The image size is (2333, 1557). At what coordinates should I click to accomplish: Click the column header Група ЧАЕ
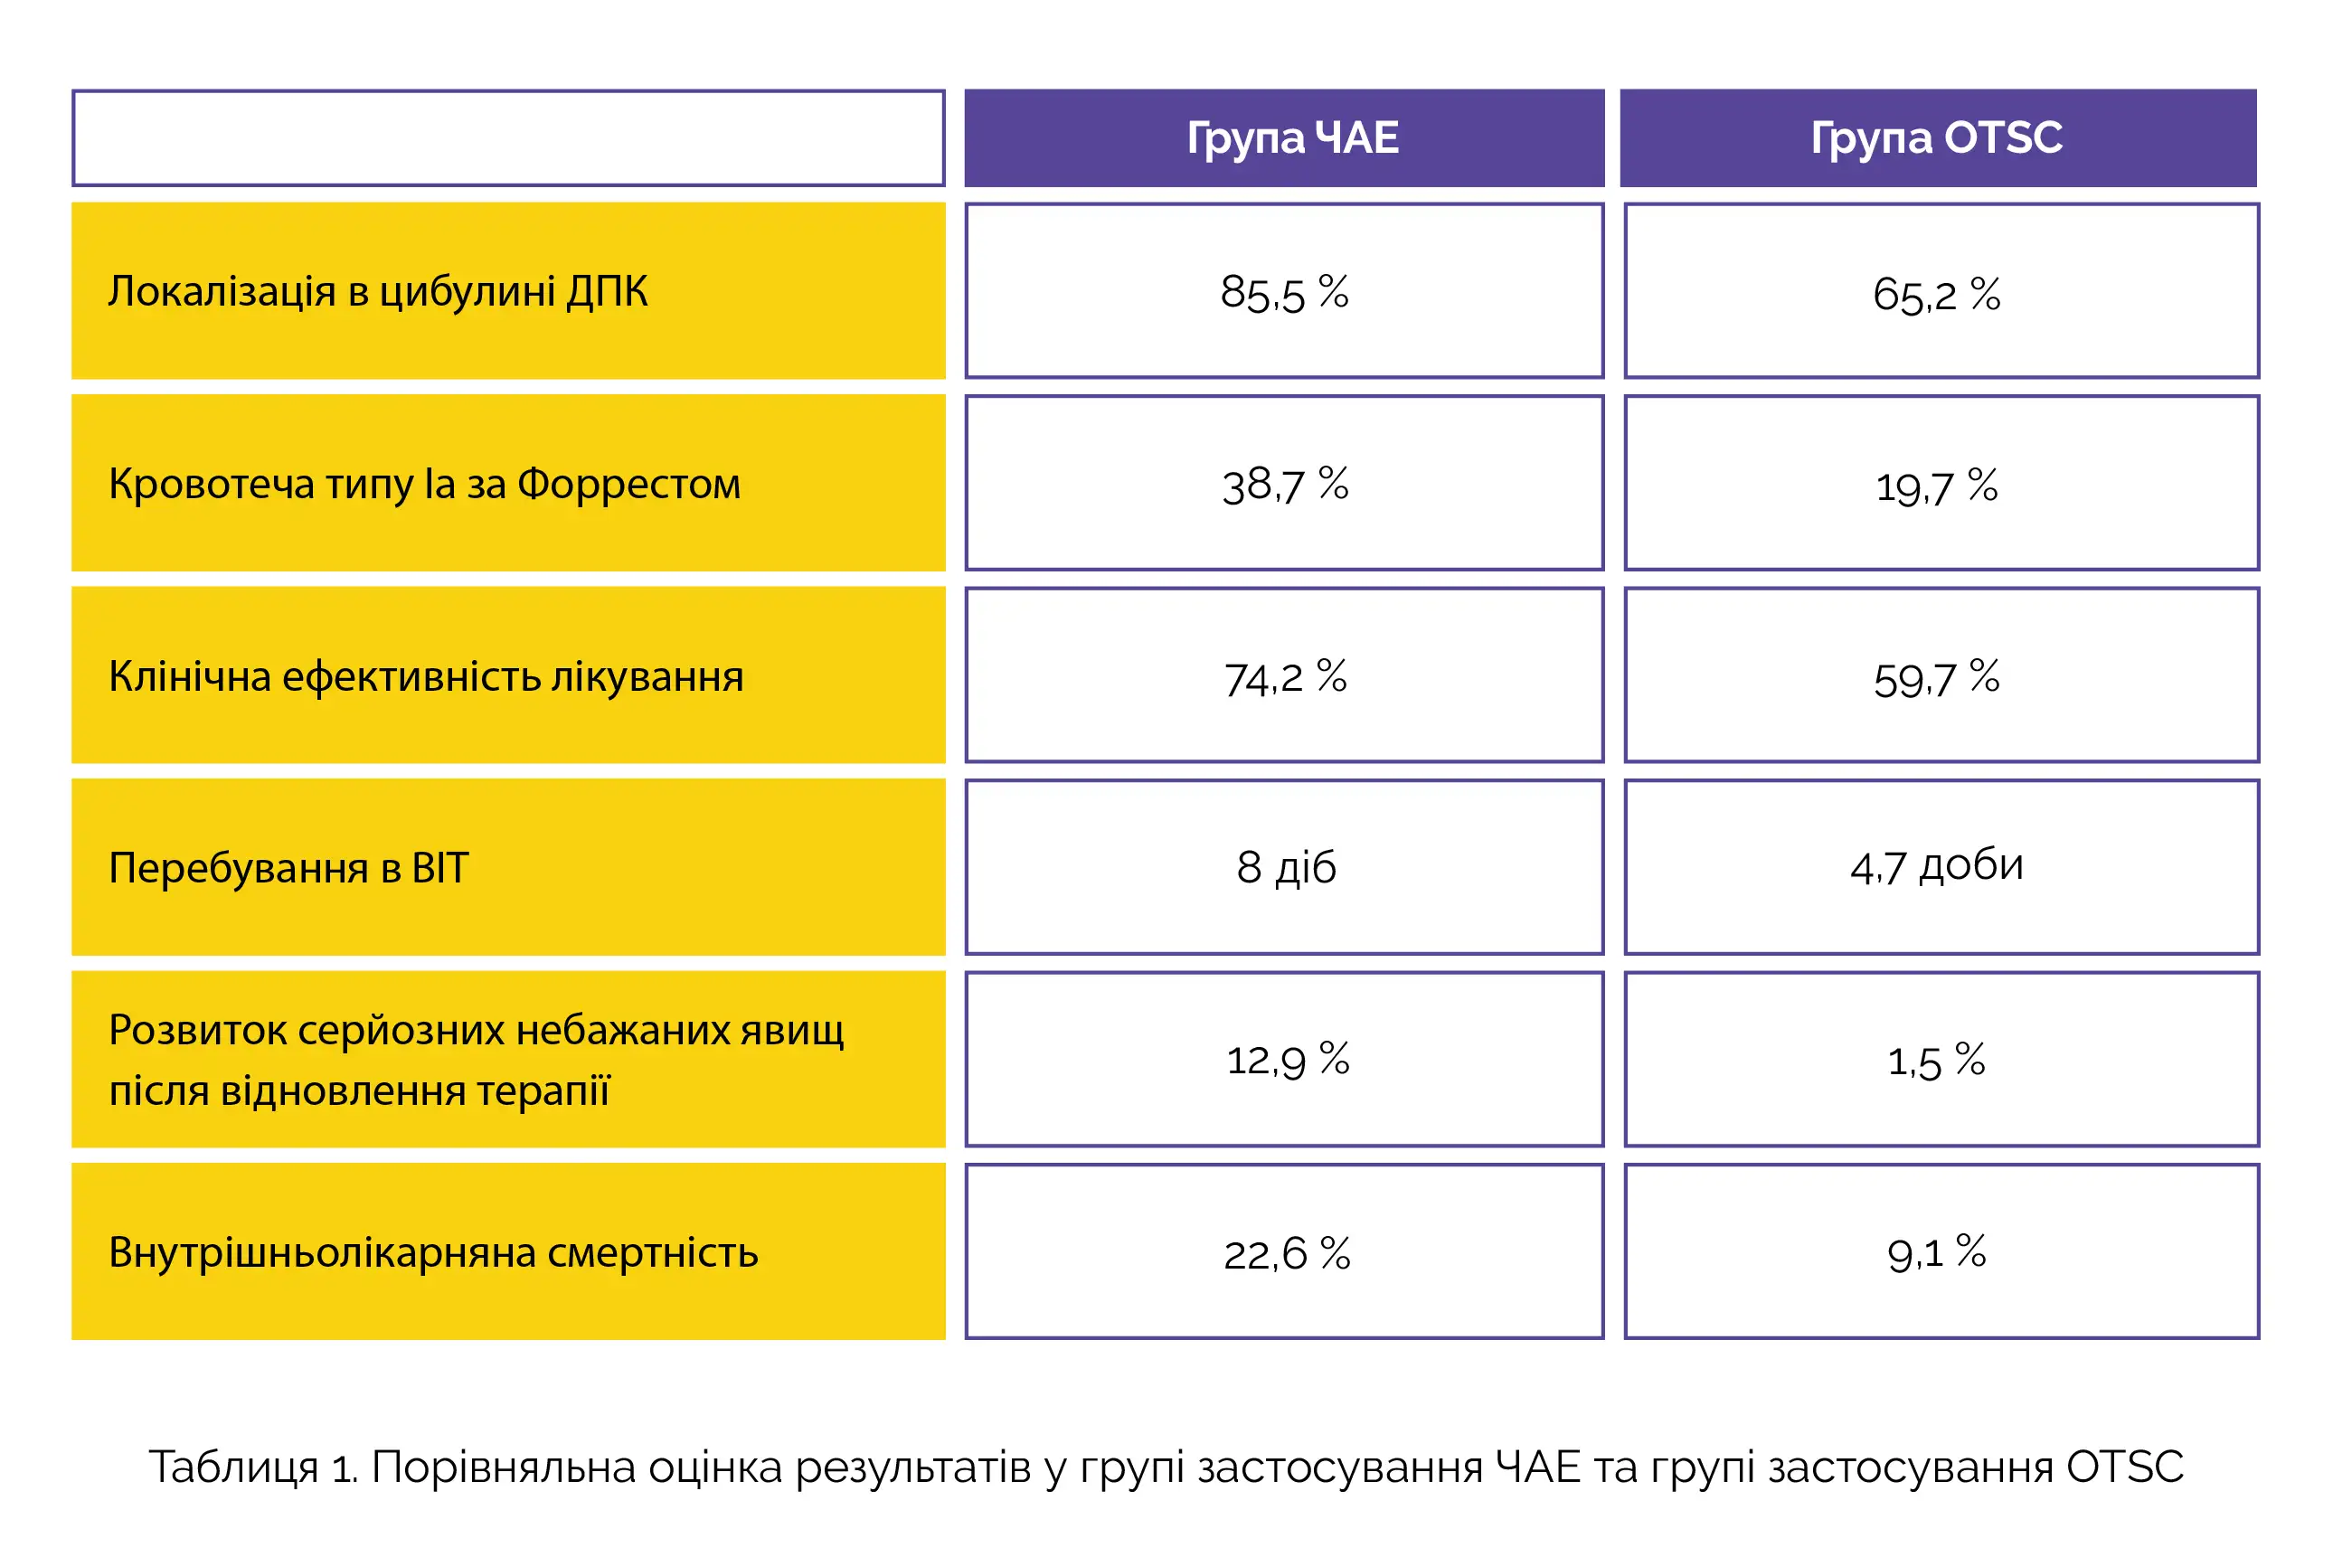pos(1291,138)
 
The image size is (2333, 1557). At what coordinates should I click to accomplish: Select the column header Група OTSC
pos(1936,138)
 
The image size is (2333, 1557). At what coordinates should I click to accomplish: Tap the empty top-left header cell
pos(508,138)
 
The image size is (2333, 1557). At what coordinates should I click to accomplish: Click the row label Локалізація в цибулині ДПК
pos(377,292)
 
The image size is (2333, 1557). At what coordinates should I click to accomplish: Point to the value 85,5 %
pos(1284,293)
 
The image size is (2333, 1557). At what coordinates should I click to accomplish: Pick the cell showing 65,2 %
pos(1936,294)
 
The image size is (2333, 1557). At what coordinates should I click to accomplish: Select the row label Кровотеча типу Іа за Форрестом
pos(424,485)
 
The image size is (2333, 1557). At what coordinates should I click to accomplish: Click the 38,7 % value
pos(1284,486)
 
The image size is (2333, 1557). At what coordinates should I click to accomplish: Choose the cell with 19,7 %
pos(1936,486)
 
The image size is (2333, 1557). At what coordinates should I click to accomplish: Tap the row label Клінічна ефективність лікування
pos(425,677)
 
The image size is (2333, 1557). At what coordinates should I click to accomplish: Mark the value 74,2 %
pos(1284,678)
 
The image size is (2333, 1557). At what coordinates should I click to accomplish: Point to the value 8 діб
pos(1286,868)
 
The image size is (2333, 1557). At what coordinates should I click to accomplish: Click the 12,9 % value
pos(1287,1060)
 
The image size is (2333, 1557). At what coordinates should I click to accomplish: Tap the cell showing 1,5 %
pos(1936,1061)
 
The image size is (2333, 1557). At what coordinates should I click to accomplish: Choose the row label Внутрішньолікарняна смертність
pos(433,1253)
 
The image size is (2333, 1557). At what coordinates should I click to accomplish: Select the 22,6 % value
pos(1287,1253)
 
